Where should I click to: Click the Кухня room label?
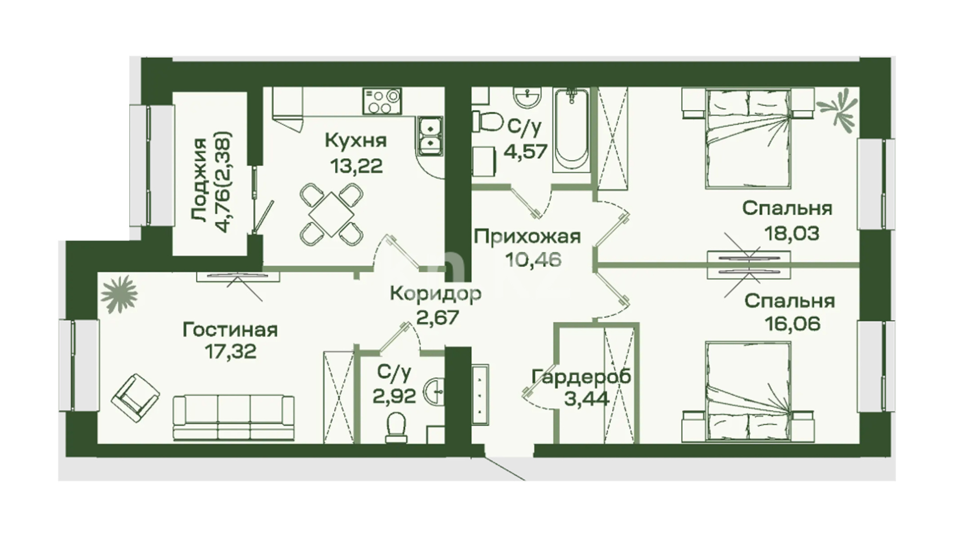click(x=356, y=141)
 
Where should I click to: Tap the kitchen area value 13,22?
click(x=357, y=166)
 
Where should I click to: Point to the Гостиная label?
click(x=230, y=330)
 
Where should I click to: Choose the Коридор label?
click(x=435, y=293)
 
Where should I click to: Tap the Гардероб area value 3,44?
click(x=587, y=399)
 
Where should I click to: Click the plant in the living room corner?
click(x=119, y=295)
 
